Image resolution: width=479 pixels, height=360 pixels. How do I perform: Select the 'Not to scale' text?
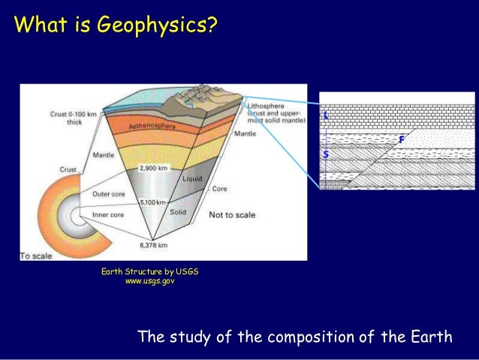click(x=232, y=215)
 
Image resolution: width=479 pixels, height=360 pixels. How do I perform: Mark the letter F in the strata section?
click(x=402, y=141)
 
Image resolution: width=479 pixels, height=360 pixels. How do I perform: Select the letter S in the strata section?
click(x=325, y=154)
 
